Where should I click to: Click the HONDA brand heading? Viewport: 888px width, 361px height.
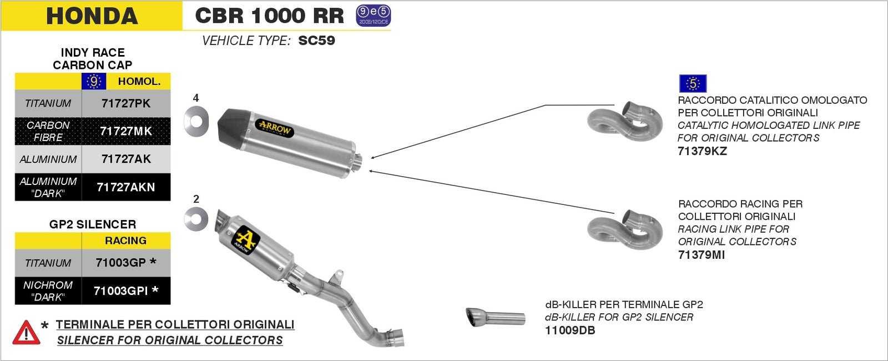point(92,16)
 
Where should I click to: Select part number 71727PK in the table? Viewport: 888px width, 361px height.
point(126,103)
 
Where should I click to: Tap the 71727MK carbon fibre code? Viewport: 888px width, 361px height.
point(126,131)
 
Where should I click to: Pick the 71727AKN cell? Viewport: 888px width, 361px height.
point(126,187)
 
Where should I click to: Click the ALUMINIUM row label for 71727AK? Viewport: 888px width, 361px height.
point(48,159)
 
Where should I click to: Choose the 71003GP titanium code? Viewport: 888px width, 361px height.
point(121,263)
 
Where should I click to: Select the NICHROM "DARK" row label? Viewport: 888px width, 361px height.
point(48,291)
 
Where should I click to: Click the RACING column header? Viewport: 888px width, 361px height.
point(125,240)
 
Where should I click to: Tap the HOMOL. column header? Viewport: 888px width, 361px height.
point(139,81)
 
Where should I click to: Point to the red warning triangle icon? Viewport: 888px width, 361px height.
point(26,333)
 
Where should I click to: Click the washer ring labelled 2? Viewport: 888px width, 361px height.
point(196,219)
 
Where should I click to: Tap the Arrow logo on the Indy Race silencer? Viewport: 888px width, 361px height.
point(274,128)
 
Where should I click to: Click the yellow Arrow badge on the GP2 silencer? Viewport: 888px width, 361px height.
point(245,239)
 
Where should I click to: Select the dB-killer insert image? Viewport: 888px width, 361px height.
point(495,318)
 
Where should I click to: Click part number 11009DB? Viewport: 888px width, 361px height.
point(570,330)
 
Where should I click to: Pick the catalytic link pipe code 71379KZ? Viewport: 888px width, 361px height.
point(702,151)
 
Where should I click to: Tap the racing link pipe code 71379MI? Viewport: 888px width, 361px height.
point(702,255)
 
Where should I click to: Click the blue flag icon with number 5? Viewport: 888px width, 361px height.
point(693,84)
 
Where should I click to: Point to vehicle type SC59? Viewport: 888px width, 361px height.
point(316,41)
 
